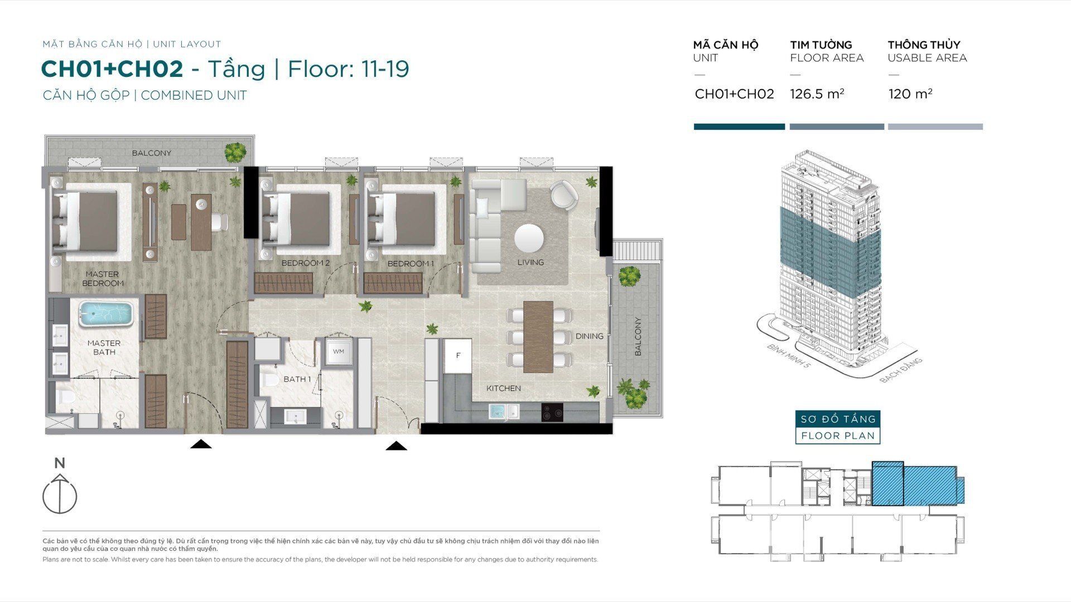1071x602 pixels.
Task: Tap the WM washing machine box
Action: pyautogui.click(x=339, y=352)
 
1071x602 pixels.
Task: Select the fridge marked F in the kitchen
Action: pyautogui.click(x=458, y=356)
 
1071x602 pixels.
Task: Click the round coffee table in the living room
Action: pyautogui.click(x=529, y=239)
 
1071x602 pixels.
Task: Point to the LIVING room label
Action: pyautogui.click(x=530, y=263)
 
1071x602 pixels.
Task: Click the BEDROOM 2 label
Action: pyautogui.click(x=306, y=263)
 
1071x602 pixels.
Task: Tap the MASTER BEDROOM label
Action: pyautogui.click(x=103, y=279)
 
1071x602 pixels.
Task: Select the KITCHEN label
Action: pyautogui.click(x=504, y=389)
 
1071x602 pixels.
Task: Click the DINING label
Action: pyautogui.click(x=590, y=336)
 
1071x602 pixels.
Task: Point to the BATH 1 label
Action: pyautogui.click(x=297, y=379)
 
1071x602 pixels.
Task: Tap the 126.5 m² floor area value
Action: pyautogui.click(x=817, y=94)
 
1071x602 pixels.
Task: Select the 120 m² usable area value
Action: pyautogui.click(x=910, y=94)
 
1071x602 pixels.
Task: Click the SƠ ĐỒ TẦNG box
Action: pyautogui.click(x=838, y=419)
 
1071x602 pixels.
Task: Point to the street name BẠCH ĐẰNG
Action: pyautogui.click(x=901, y=370)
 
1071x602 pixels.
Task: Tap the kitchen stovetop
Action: pyautogui.click(x=552, y=413)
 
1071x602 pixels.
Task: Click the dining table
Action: pyautogui.click(x=538, y=337)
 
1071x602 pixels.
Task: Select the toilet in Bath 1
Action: pyautogui.click(x=271, y=381)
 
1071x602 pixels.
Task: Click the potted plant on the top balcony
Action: pyautogui.click(x=236, y=151)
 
